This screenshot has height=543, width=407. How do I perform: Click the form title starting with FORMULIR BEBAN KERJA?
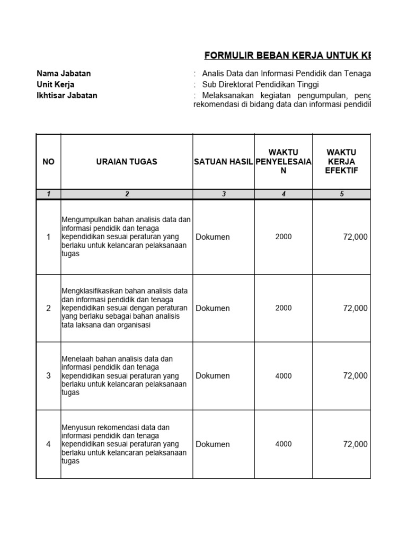tap(287, 56)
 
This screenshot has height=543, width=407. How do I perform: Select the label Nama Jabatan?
tap(64, 74)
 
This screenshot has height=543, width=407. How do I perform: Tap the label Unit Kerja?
tap(56, 85)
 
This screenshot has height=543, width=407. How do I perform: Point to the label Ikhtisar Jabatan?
tap(67, 96)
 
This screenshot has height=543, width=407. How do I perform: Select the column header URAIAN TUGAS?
tap(127, 162)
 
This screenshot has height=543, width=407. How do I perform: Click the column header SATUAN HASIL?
tap(223, 162)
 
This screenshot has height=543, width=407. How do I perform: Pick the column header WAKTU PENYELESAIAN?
tap(284, 162)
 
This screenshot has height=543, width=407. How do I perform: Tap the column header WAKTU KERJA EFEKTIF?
tap(342, 162)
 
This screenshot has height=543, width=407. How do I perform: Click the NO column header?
tap(48, 162)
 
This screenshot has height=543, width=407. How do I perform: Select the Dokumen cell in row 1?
tap(213, 237)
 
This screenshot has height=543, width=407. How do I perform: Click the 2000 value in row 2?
tap(284, 308)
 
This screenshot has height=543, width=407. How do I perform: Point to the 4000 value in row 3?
tap(284, 376)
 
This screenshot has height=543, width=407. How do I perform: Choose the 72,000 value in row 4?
tap(355, 444)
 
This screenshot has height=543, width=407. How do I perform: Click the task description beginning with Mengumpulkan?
tap(126, 237)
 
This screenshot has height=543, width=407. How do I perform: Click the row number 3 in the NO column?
tap(48, 376)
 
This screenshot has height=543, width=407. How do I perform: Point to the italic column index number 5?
tap(342, 194)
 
